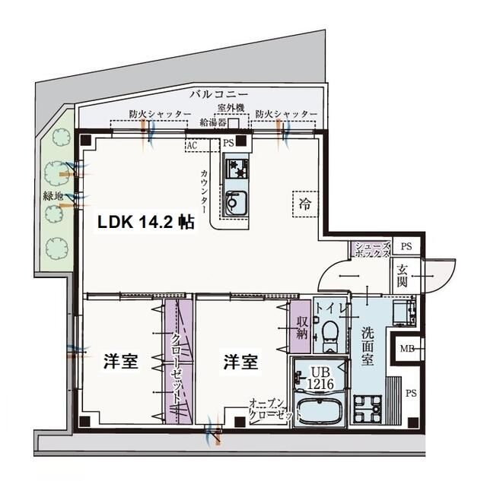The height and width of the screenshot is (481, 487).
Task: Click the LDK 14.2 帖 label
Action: click(x=144, y=223)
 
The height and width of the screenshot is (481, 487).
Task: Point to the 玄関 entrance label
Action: click(x=403, y=274)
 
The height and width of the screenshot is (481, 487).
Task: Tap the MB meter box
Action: click(x=406, y=349)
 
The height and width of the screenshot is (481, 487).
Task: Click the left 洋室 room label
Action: click(x=121, y=361)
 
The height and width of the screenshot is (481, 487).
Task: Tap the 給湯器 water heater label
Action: click(x=213, y=122)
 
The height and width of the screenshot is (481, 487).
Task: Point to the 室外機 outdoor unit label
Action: click(x=230, y=108)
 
